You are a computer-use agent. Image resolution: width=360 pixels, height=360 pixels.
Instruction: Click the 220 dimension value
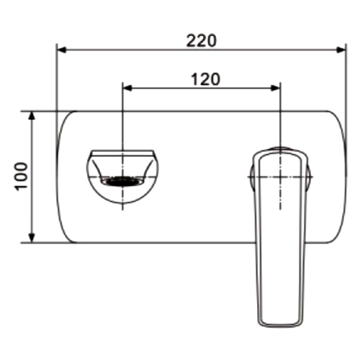coord(202,41)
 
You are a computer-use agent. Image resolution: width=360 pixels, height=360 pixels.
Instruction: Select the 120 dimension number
coord(205,79)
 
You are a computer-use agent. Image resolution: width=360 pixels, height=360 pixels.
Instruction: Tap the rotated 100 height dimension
coord(22,177)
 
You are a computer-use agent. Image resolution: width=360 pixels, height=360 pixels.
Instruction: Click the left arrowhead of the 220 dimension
coord(62,50)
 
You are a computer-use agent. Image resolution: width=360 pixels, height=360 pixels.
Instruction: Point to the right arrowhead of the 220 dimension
coord(341,50)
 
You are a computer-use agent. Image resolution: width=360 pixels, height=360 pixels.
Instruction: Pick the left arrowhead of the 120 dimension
coord(128,88)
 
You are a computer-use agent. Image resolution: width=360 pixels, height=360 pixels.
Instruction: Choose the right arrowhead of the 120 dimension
coord(275,88)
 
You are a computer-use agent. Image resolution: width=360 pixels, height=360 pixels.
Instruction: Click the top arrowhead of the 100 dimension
coord(32,116)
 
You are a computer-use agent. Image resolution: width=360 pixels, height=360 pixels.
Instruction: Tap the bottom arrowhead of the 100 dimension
coord(32,238)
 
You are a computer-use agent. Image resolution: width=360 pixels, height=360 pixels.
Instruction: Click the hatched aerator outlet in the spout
coord(122,181)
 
